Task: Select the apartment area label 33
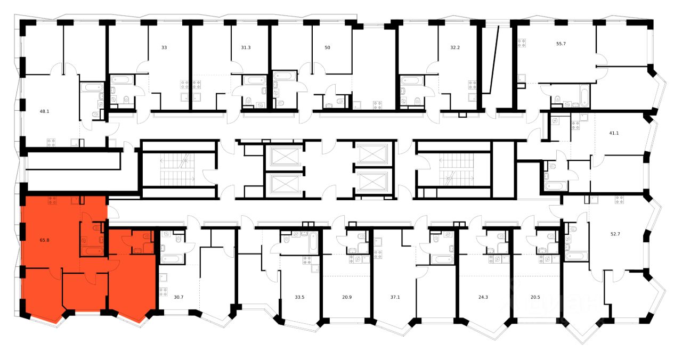[164, 48]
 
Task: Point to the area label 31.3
[246, 48]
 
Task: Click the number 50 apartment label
[327, 48]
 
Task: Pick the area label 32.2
[454, 48]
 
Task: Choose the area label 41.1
[614, 133]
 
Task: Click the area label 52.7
[615, 232]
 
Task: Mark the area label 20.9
[347, 298]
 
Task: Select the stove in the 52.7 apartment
[620, 200]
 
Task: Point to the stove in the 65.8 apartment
[52, 200]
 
